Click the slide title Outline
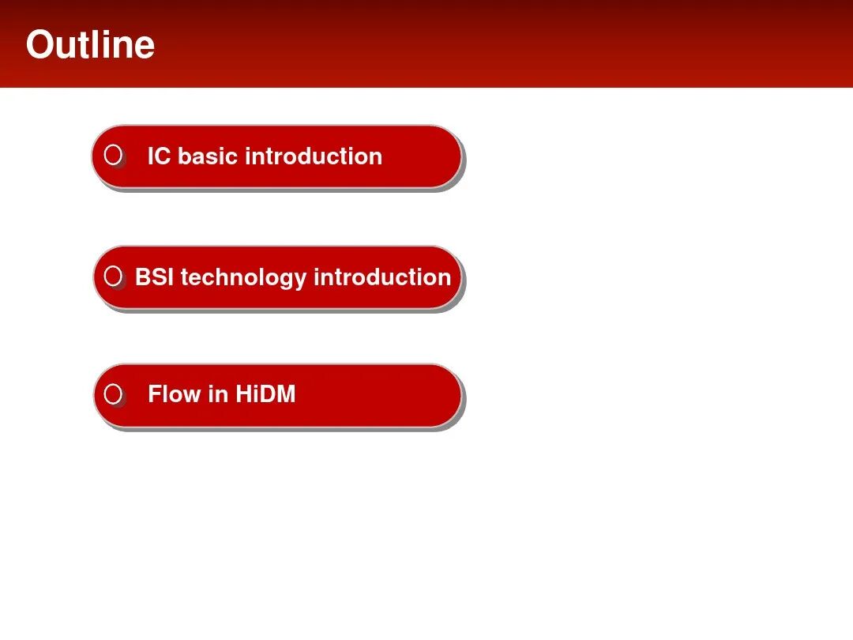coord(90,44)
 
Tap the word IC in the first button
coord(159,156)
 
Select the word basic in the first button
coord(208,156)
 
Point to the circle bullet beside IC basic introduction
coord(113,155)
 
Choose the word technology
coord(244,278)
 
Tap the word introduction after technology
coord(382,277)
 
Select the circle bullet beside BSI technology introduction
coord(113,276)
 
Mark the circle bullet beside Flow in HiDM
coord(113,393)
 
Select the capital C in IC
coord(162,156)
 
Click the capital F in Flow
coord(155,394)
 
